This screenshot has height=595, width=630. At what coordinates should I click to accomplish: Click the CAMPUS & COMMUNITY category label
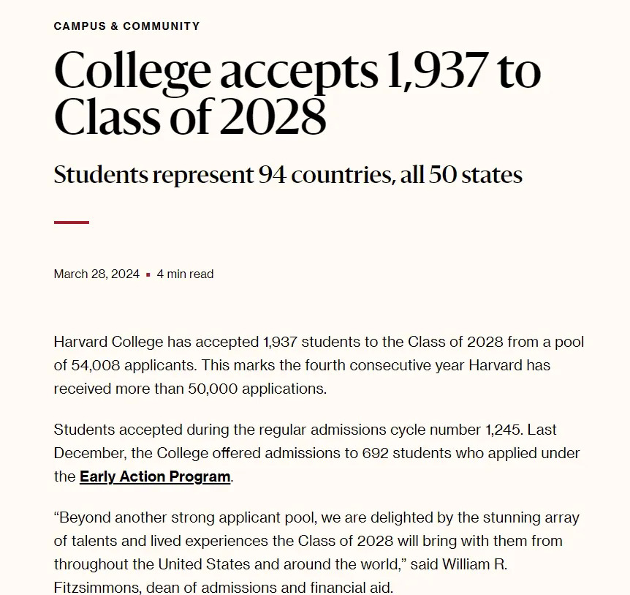tap(126, 26)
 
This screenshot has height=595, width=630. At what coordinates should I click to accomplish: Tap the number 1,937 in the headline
tap(436, 72)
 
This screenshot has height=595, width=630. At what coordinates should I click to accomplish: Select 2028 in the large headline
tap(273, 117)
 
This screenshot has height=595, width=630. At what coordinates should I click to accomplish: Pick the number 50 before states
tap(443, 176)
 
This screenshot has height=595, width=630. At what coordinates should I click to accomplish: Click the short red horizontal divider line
tap(72, 222)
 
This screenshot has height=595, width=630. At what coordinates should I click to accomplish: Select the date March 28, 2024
tap(96, 274)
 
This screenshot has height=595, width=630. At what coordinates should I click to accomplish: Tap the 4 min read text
tap(185, 274)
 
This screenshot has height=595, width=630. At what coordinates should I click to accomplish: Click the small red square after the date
tap(148, 275)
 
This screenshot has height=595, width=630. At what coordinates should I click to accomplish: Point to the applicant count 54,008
tap(99, 365)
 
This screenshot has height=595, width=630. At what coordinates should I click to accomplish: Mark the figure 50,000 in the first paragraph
tap(211, 389)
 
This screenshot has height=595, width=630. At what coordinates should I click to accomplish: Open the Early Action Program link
tap(155, 476)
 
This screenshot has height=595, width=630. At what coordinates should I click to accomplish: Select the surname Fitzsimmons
tap(95, 588)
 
